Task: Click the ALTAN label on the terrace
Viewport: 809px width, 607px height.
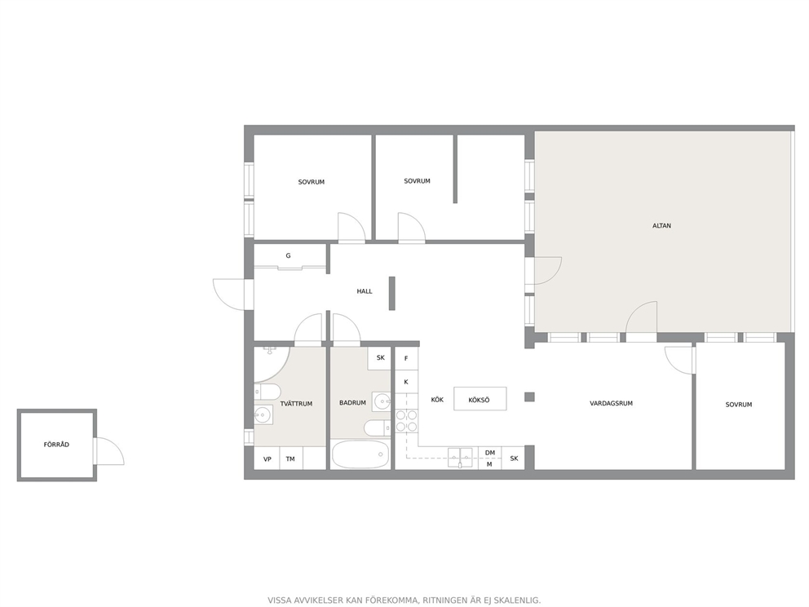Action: (x=661, y=225)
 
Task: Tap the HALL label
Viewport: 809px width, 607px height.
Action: (x=365, y=291)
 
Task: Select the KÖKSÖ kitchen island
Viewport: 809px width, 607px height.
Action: (x=480, y=399)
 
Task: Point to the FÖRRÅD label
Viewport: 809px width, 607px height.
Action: (x=56, y=445)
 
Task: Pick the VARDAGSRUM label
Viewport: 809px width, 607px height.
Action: (x=611, y=403)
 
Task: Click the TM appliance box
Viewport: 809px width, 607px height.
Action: (x=290, y=459)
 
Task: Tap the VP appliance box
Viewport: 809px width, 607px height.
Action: (x=267, y=459)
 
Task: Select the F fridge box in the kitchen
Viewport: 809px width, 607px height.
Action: (x=406, y=358)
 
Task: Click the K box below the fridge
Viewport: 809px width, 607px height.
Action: (x=406, y=382)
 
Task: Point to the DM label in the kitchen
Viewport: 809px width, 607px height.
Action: (x=489, y=453)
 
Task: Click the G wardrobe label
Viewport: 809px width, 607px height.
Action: (x=288, y=255)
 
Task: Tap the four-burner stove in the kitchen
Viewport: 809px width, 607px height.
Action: (x=407, y=421)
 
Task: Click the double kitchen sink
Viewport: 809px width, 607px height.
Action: (x=460, y=458)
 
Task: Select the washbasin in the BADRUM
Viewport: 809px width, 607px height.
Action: (x=382, y=401)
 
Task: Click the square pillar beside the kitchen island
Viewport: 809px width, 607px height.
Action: (x=529, y=397)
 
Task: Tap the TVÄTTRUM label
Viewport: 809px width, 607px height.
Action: (x=296, y=404)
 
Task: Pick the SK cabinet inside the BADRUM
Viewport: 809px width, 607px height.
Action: (x=380, y=358)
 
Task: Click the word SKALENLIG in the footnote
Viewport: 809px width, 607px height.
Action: (x=518, y=600)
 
